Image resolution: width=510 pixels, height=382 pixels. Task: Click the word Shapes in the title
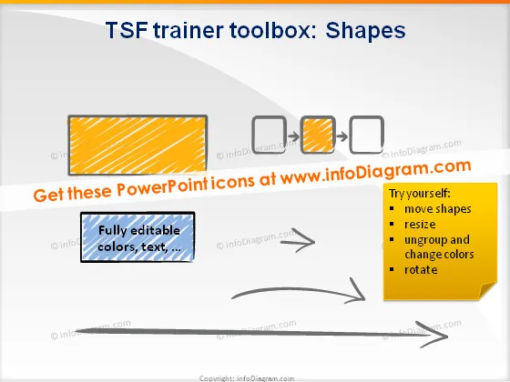(x=365, y=31)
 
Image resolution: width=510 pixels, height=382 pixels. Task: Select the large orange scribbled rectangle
(x=138, y=145)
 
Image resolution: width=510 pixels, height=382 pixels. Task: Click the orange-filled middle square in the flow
(x=318, y=135)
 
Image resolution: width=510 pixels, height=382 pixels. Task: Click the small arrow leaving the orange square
(x=342, y=136)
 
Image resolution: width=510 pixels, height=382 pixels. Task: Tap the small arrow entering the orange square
(x=293, y=136)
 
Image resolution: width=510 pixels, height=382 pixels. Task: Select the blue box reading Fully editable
(x=138, y=236)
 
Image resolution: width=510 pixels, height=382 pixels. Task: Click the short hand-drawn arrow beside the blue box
(x=298, y=241)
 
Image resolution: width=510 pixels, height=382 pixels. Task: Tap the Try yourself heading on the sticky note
(x=420, y=193)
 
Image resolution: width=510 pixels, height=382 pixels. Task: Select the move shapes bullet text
(x=437, y=209)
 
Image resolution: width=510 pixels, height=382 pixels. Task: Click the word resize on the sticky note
(x=420, y=225)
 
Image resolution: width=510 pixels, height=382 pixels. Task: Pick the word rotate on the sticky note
(x=421, y=269)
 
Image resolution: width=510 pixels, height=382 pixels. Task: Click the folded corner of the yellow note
(x=487, y=290)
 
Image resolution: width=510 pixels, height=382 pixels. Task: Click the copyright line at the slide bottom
(x=247, y=378)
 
